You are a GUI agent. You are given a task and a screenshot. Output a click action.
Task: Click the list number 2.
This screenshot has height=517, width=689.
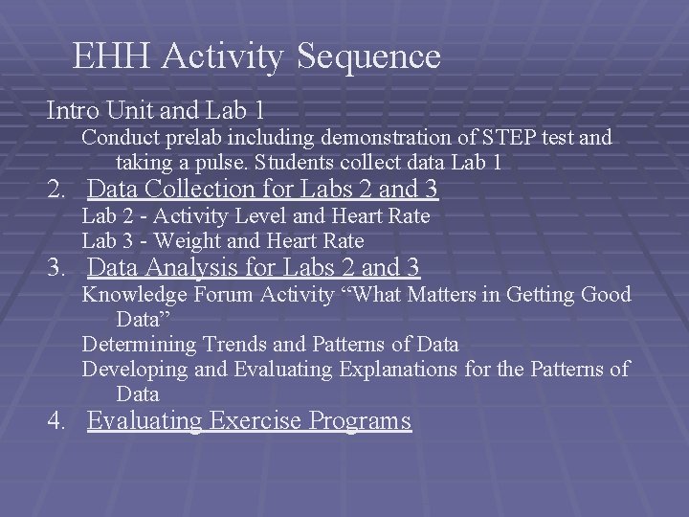pyautogui.click(x=56, y=190)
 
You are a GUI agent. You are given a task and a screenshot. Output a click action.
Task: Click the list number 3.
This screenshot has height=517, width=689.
pyautogui.click(x=56, y=267)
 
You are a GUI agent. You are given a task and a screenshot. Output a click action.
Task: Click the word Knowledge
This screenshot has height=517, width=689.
pyautogui.click(x=135, y=294)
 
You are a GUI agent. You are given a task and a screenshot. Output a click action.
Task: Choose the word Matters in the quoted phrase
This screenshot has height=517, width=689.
pyautogui.click(x=441, y=294)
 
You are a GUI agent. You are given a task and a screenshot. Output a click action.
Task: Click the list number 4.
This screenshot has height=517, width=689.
pyautogui.click(x=56, y=420)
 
